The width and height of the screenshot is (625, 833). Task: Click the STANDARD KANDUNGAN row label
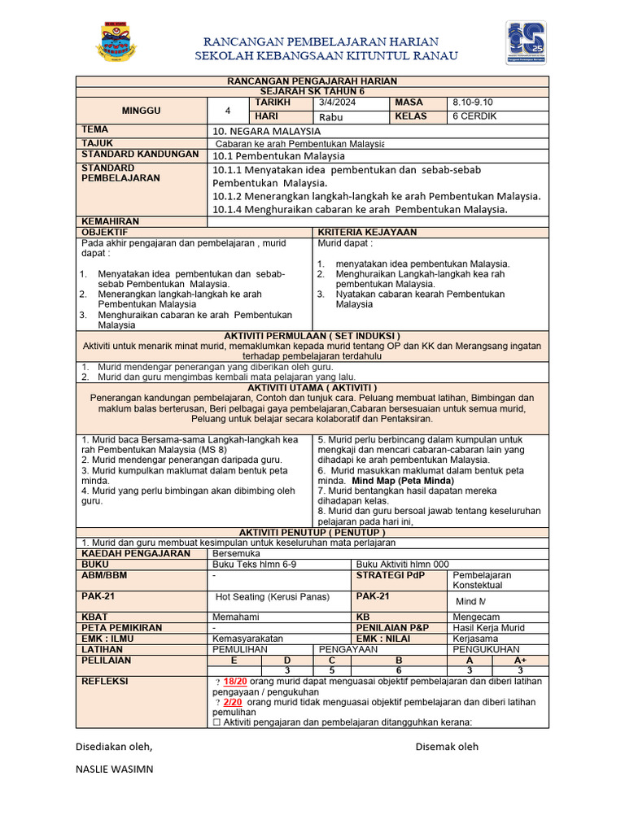(x=139, y=155)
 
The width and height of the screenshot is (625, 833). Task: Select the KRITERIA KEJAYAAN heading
(x=366, y=233)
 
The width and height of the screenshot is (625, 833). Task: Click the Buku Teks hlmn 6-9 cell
(x=254, y=564)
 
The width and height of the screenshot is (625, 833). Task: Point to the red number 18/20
(x=235, y=682)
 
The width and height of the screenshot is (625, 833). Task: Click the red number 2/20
(x=233, y=702)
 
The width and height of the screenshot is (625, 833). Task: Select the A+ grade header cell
(x=520, y=661)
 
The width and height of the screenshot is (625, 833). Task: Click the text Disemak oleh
(x=447, y=746)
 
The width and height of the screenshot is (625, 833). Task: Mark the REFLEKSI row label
(x=105, y=682)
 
